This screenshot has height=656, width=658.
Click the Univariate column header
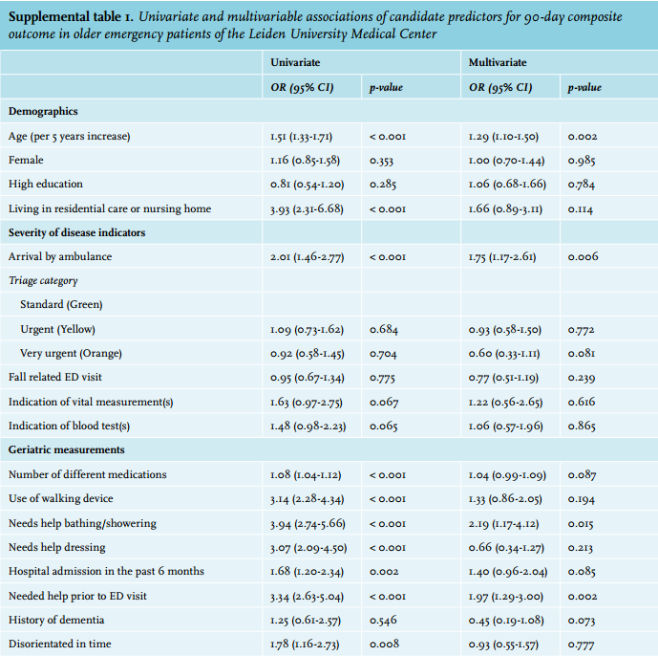point(295,62)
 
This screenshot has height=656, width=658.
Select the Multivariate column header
point(498,62)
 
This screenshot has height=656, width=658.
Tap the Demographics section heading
point(43,111)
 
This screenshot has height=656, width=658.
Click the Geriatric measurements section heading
point(66,449)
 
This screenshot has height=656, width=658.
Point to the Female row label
point(26,160)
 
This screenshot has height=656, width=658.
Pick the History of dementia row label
point(56,620)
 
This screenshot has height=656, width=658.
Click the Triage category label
point(43,281)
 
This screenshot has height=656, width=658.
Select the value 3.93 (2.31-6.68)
point(307,208)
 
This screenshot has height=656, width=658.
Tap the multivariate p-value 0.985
point(582,161)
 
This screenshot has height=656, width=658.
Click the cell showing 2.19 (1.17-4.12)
point(503,524)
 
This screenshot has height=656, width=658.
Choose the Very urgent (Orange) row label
point(71,353)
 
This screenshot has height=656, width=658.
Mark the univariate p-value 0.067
point(384,403)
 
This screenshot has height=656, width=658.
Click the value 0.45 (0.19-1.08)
point(506,621)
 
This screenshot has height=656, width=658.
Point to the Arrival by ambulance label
point(60,257)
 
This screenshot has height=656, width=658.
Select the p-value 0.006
point(583,257)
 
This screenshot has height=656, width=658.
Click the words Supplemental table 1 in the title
point(71,17)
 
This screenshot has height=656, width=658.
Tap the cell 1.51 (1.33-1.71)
point(301,137)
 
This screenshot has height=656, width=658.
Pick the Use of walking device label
point(61,498)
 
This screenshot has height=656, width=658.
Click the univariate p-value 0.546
point(383,621)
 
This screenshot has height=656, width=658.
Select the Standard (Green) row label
point(61,304)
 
